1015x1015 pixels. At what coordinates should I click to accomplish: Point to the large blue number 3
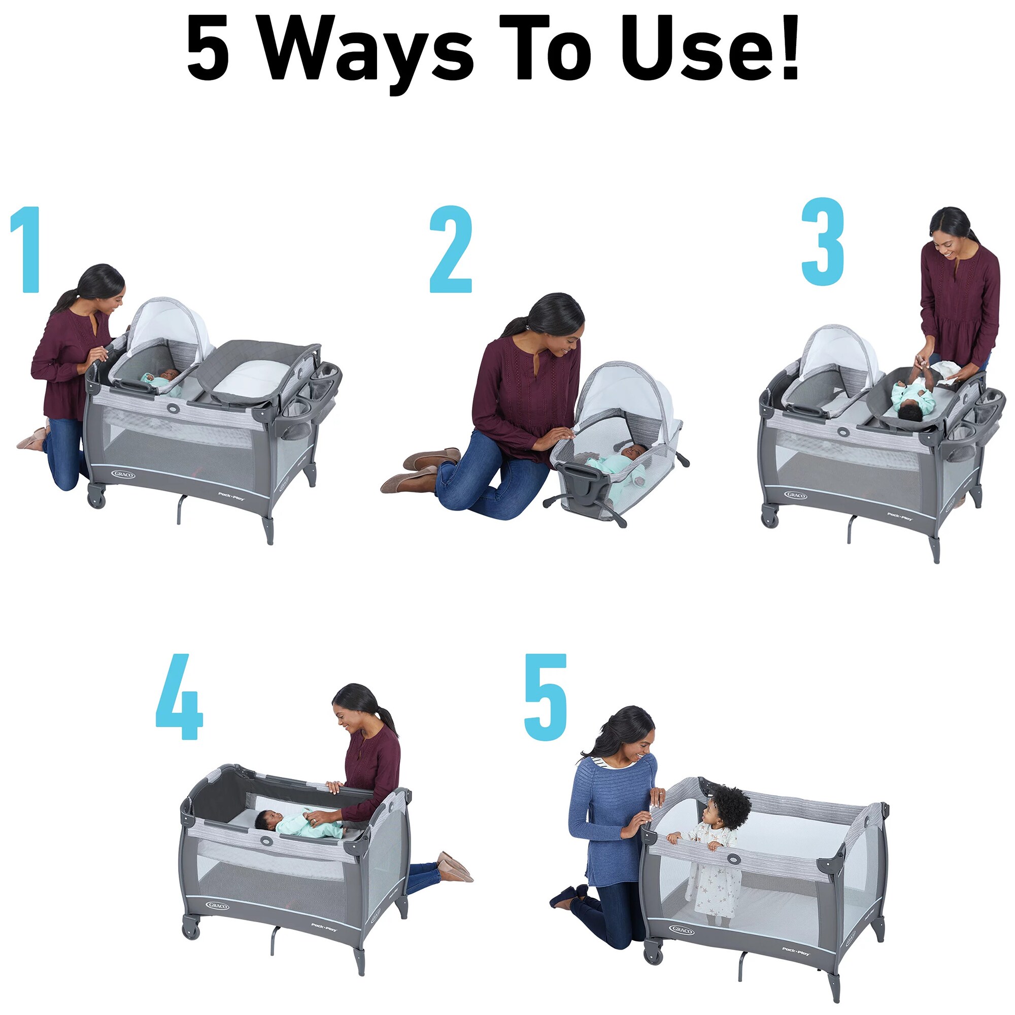pos(822,242)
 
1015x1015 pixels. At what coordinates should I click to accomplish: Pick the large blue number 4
pos(179,697)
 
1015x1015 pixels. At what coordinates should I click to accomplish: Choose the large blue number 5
pos(546,697)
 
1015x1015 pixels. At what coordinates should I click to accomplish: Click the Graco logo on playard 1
pos(123,475)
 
